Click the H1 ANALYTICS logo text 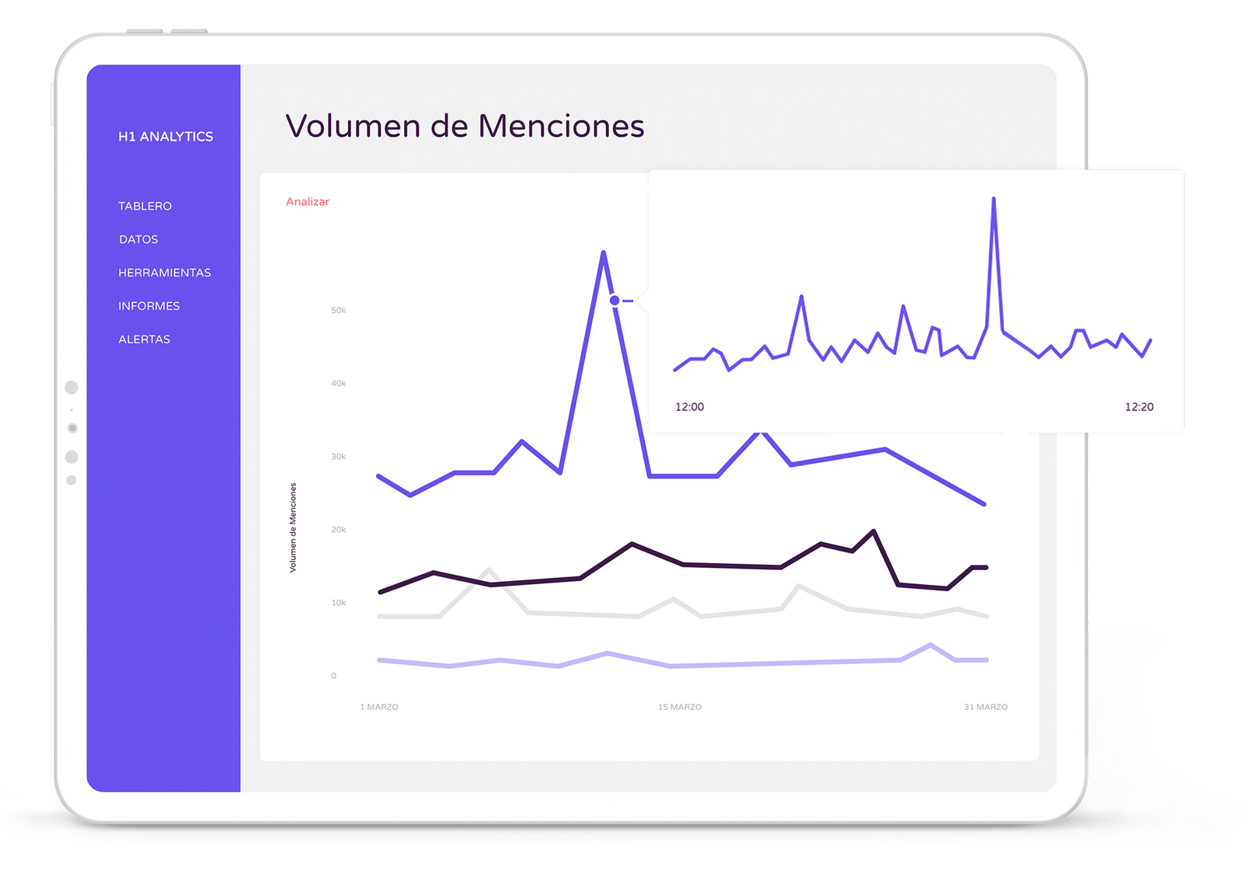pos(165,137)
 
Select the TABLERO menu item pos(145,206)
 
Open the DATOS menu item pos(138,239)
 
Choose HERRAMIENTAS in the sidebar pos(165,273)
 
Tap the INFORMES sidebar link pos(149,306)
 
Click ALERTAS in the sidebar pos(144,339)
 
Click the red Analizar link pos(308,202)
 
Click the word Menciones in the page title pos(561,127)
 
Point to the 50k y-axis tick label pos(338,311)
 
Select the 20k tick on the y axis pos(338,530)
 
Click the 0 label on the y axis pos(334,676)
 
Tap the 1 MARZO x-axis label pos(379,707)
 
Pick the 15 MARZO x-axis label pos(680,707)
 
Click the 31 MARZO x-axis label pos(986,707)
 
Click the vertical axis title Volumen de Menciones pos(293,527)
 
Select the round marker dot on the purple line pos(615,300)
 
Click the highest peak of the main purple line pos(604,253)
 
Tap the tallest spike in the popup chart pos(994,200)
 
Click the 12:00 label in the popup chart pos(690,407)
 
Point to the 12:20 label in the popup pos(1139,407)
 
